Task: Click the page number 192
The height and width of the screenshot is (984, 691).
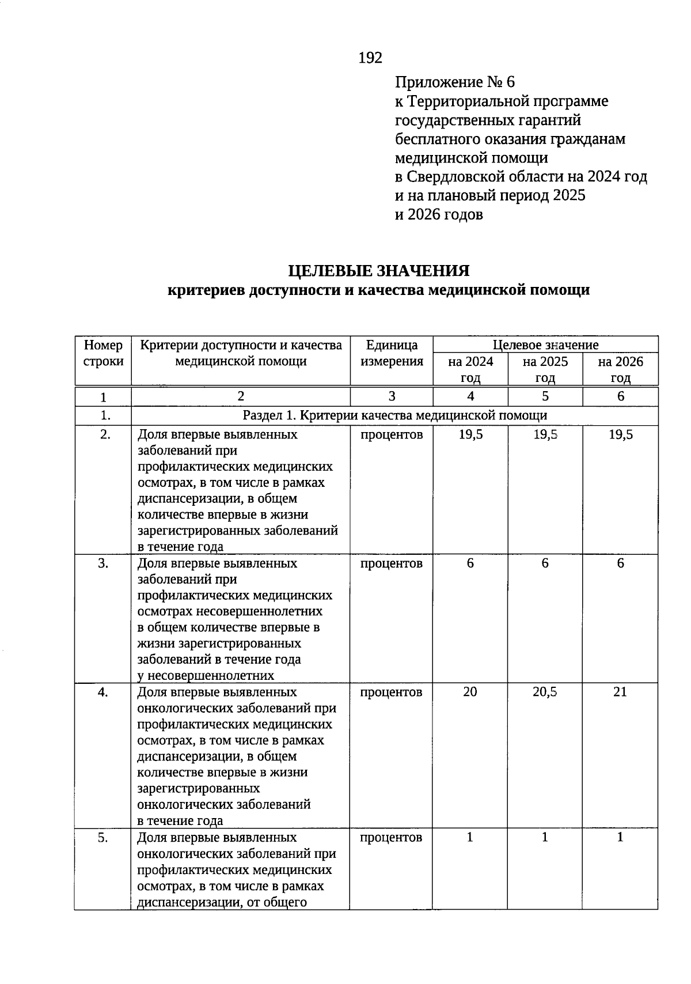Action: pyautogui.click(x=370, y=58)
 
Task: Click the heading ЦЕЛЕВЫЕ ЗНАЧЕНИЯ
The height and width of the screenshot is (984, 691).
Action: pyautogui.click(x=378, y=271)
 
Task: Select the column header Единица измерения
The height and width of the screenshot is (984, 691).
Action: pyautogui.click(x=392, y=353)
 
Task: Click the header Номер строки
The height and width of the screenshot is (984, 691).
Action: pyautogui.click(x=103, y=353)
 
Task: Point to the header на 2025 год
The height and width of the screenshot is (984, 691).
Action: pyautogui.click(x=545, y=369)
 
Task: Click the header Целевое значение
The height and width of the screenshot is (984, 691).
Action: pyautogui.click(x=545, y=345)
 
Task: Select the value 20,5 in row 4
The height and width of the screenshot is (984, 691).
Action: pyautogui.click(x=545, y=692)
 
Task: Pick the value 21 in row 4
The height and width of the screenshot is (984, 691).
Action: pyautogui.click(x=620, y=692)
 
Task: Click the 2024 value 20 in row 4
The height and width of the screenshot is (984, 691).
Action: pyautogui.click(x=470, y=692)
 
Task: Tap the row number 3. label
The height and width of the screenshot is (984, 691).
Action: pyautogui.click(x=103, y=563)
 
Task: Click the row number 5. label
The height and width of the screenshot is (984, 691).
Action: pyautogui.click(x=103, y=838)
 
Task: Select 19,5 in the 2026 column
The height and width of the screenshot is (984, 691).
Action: pyautogui.click(x=620, y=434)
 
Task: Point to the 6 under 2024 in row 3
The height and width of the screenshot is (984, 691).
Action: pyautogui.click(x=470, y=563)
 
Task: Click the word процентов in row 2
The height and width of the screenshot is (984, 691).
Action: pyautogui.click(x=392, y=434)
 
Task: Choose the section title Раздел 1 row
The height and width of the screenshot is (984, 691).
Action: pyautogui.click(x=394, y=415)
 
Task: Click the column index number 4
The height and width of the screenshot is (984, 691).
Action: pyautogui.click(x=470, y=396)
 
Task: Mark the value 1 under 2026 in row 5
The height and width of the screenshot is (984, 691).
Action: pyautogui.click(x=620, y=838)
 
